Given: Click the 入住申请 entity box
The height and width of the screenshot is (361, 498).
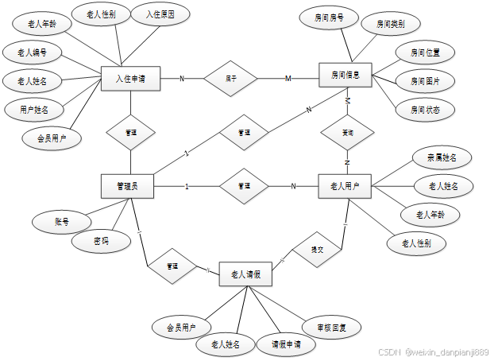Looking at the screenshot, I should click(x=131, y=78).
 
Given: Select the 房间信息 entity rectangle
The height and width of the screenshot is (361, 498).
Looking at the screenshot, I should click(x=346, y=76).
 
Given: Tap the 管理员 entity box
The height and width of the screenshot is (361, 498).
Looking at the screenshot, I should click(x=127, y=185).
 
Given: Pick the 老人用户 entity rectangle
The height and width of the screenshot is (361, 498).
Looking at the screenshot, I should click(x=345, y=186).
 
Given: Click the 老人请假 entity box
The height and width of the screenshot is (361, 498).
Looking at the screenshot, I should click(x=245, y=274).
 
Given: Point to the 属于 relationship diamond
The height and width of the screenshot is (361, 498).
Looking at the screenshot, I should click(x=230, y=78).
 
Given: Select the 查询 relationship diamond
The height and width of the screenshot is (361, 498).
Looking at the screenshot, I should click(x=347, y=132).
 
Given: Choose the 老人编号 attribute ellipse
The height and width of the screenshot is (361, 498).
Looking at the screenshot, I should click(x=31, y=53).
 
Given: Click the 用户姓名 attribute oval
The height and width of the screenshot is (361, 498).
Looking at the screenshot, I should click(x=32, y=108).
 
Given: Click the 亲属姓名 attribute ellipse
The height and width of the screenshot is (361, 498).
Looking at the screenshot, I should click(x=442, y=157).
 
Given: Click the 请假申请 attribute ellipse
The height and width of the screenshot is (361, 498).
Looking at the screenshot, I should click(x=287, y=344).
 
